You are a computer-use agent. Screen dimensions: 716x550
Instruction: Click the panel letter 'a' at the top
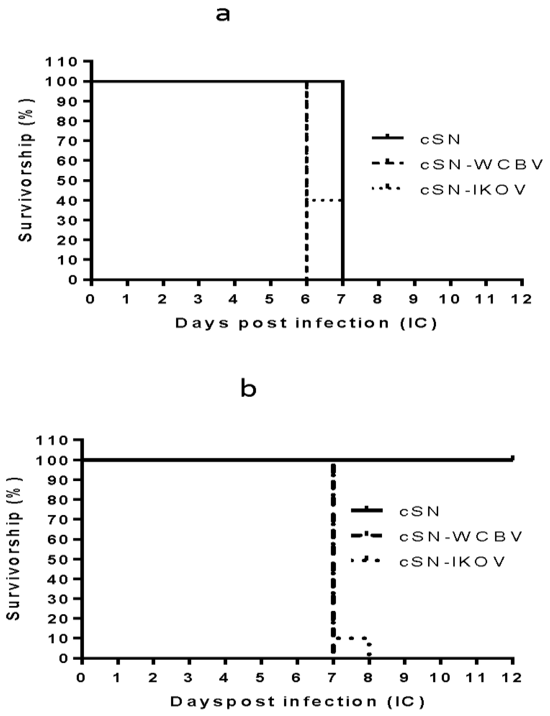[223, 15]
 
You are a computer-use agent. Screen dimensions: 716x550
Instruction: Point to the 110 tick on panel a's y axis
[61, 62]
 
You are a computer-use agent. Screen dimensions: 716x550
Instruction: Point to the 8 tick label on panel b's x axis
[368, 678]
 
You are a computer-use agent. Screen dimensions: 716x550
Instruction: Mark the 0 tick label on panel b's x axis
[81, 678]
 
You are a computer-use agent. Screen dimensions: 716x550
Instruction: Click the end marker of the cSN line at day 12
[512, 458]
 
